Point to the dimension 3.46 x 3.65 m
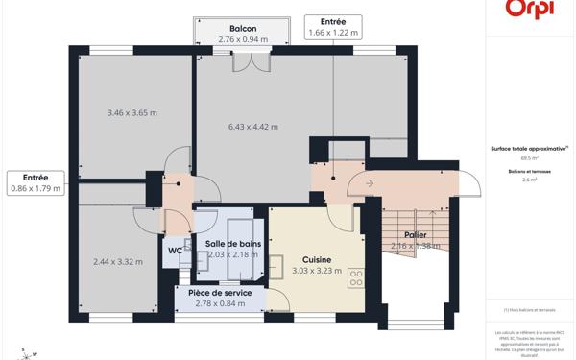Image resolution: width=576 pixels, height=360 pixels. (x=132, y=113)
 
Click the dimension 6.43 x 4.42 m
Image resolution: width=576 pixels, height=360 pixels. (x=253, y=127)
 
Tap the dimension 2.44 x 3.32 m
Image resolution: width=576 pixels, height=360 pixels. (x=118, y=262)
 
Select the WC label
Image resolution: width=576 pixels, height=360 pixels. (x=175, y=252)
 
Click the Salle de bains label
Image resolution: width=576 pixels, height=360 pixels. (x=232, y=244)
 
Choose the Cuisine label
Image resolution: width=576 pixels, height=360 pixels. (x=317, y=260)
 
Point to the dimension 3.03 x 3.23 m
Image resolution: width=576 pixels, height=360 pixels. (x=317, y=272)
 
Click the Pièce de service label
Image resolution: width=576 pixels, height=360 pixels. (x=220, y=293)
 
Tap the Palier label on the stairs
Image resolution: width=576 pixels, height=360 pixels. (x=415, y=234)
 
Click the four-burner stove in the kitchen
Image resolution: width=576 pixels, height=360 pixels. (x=356, y=277)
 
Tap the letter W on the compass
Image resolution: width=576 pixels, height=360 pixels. (x=36, y=354)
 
